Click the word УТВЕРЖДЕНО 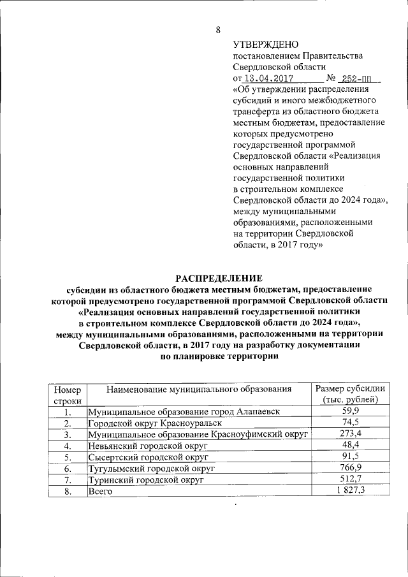pyautogui.click(x=265, y=44)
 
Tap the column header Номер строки pyautogui.click(x=68, y=394)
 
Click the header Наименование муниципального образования pyautogui.click(x=199, y=388)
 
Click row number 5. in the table pyautogui.click(x=68, y=457)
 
